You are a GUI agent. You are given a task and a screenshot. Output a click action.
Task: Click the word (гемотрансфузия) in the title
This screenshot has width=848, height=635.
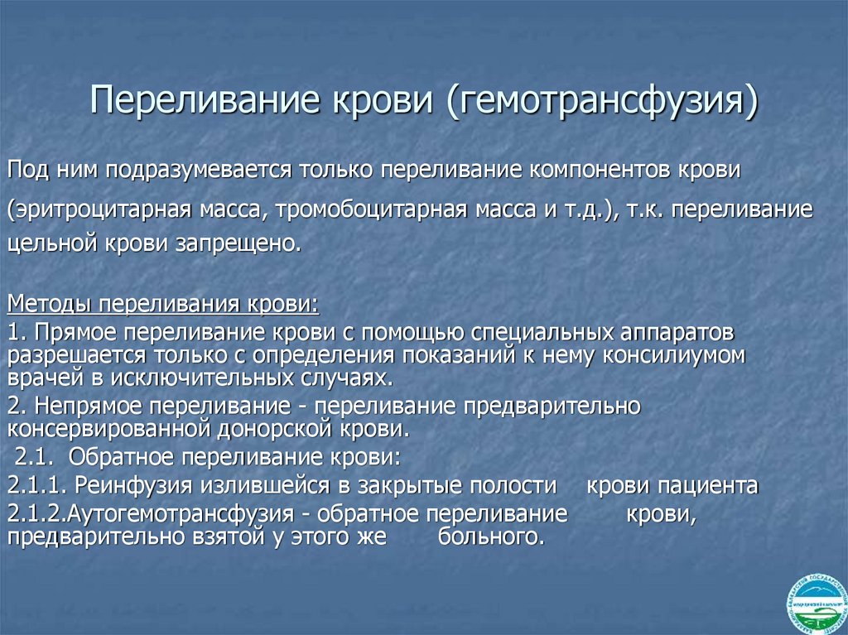click(x=603, y=101)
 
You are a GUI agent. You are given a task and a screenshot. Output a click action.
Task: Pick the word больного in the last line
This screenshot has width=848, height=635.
click(x=489, y=536)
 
